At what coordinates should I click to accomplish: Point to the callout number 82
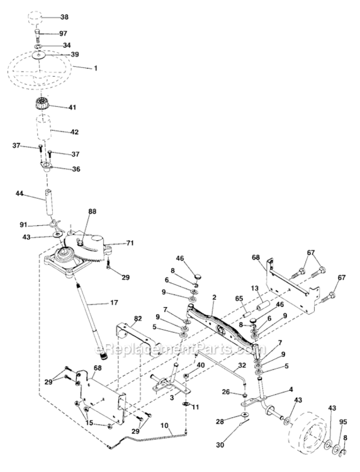click(x=138, y=319)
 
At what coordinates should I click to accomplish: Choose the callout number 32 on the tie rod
click(x=242, y=364)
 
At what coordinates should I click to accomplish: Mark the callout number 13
click(x=256, y=288)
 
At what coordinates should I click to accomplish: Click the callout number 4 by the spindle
click(x=290, y=390)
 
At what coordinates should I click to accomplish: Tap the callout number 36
click(x=76, y=168)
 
